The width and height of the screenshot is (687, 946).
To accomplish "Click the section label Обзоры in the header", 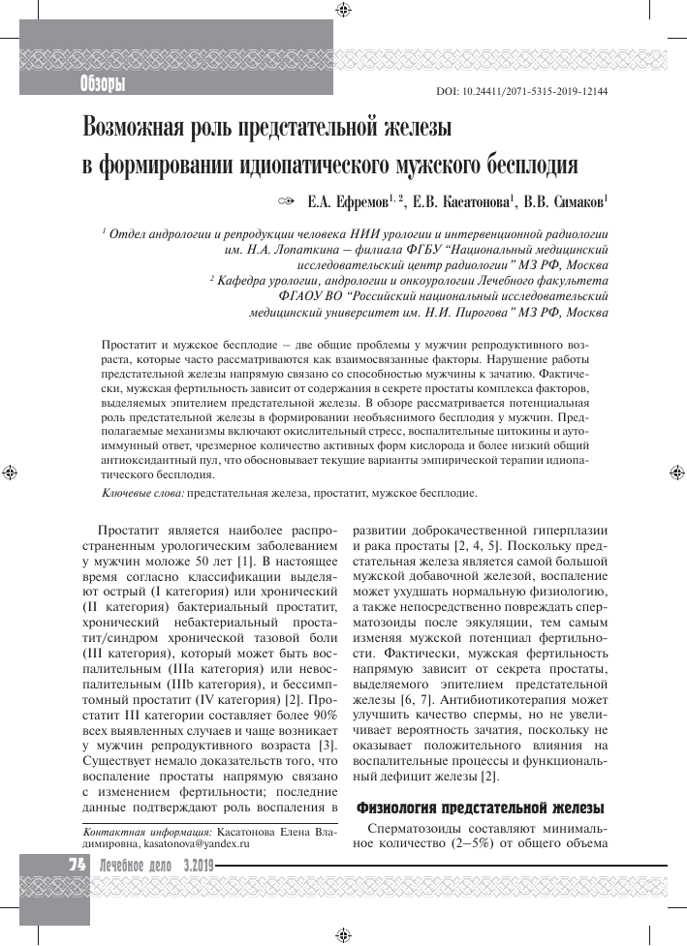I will coord(103,85).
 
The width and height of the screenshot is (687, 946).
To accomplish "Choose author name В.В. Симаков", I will coord(566,202).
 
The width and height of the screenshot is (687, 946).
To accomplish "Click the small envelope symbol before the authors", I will coord(285,202).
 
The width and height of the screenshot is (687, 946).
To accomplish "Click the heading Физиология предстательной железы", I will coord(481,807).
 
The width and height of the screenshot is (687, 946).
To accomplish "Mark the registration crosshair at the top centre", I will coord(343,11).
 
